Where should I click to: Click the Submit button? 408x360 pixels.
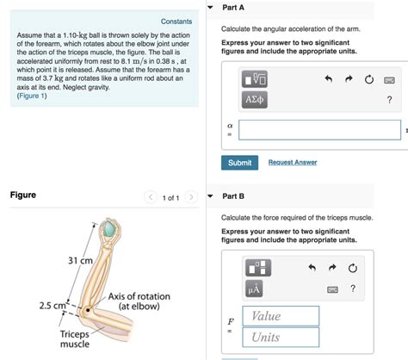[239, 163]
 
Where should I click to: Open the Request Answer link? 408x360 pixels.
[293, 163]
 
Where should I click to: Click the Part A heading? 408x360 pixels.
[233, 7]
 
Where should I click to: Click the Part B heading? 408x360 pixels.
[233, 196]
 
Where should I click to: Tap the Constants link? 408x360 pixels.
[176, 22]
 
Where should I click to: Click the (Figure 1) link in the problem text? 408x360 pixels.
[32, 96]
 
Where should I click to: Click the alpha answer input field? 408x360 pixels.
[318, 130]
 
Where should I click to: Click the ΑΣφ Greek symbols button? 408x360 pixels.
[256, 100]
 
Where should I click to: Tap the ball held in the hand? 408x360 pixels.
[110, 229]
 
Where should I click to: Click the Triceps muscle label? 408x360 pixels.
[75, 338]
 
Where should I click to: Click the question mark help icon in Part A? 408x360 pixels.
[389, 100]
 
